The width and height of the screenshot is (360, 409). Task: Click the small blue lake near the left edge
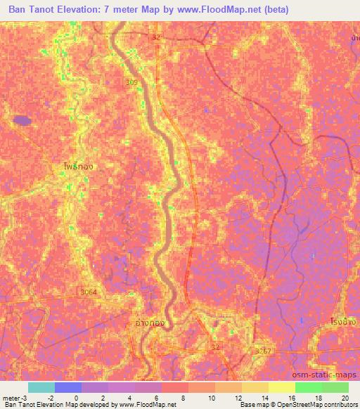22,120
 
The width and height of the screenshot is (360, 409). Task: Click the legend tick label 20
345,398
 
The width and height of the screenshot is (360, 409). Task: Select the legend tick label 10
212,398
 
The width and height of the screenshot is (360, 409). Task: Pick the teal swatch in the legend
41,387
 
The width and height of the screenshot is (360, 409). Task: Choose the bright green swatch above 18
308,387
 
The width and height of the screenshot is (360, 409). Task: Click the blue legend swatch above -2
67,387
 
